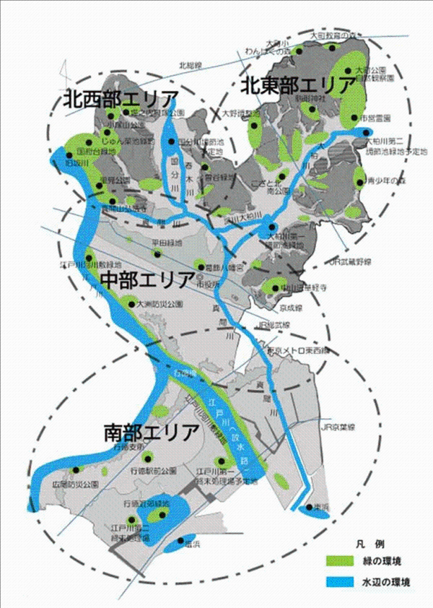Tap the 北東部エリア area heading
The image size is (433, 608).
point(297,84)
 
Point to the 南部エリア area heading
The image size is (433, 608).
point(151,433)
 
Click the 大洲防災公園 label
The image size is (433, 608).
point(151,305)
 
